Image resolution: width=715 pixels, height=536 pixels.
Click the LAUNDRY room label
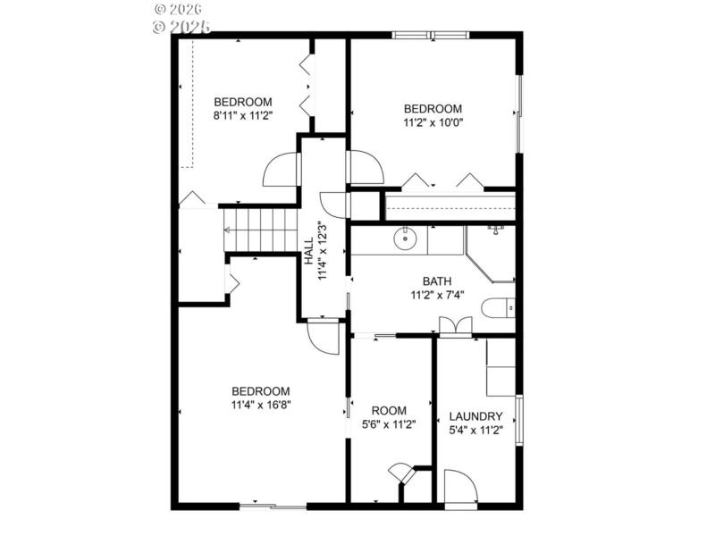[475, 416]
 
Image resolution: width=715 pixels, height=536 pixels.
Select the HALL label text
[309, 250]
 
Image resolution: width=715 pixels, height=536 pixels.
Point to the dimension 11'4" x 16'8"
[260, 404]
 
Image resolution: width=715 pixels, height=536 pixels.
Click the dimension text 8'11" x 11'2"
[242, 115]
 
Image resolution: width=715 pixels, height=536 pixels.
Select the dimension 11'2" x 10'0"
[433, 122]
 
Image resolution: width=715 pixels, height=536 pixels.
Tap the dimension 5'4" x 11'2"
[475, 430]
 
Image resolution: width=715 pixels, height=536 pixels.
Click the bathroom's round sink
[406, 239]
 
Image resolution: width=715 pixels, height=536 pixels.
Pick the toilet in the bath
[498, 308]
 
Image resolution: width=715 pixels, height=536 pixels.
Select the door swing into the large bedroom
[323, 337]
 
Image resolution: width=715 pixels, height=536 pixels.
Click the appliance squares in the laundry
[500, 367]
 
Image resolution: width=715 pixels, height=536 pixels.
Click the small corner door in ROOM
[401, 473]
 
